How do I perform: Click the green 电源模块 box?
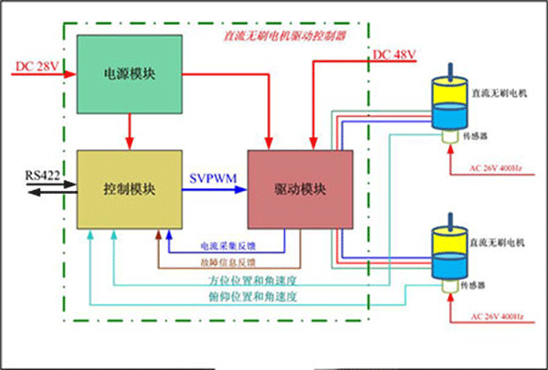(x=129, y=74)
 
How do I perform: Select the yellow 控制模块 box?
(x=129, y=189)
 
